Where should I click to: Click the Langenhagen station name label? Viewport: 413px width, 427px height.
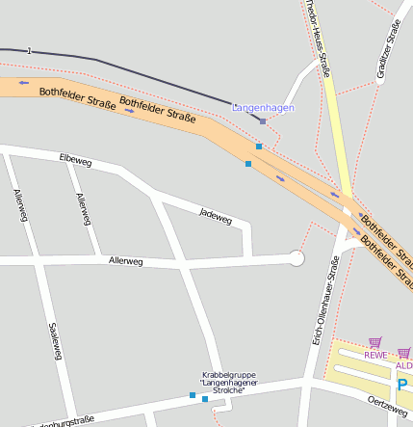click(x=263, y=108)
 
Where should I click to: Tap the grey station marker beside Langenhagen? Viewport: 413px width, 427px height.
click(x=263, y=122)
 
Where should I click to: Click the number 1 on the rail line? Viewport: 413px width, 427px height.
click(x=30, y=50)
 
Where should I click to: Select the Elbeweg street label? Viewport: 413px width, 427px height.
click(x=74, y=158)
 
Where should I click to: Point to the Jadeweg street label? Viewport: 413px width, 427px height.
click(x=216, y=216)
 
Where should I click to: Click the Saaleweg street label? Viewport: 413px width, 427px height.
click(x=55, y=340)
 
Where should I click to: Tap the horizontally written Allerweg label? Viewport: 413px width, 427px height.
click(x=125, y=261)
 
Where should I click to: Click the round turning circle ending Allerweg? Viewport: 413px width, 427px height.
click(x=297, y=258)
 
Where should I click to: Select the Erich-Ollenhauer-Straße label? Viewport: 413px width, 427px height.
click(x=321, y=307)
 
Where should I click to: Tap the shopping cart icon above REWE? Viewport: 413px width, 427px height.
click(x=374, y=341)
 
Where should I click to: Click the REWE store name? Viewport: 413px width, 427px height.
click(x=374, y=355)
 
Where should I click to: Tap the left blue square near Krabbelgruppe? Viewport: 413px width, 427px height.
click(x=192, y=395)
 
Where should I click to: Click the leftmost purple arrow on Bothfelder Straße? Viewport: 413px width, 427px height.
click(x=24, y=83)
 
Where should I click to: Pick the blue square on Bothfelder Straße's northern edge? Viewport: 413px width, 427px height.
click(x=258, y=147)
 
